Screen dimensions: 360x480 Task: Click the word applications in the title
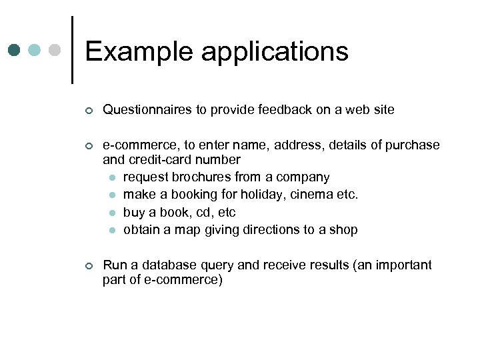coord(275,52)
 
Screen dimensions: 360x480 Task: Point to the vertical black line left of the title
coord(71,50)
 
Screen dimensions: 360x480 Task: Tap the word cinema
coord(315,195)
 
